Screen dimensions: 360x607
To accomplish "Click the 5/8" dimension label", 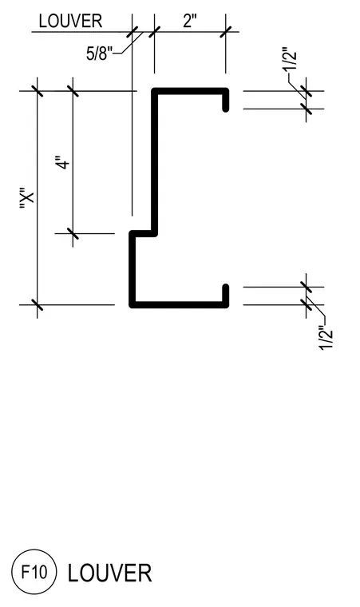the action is pyautogui.click(x=99, y=53).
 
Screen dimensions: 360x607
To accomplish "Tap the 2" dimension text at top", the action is pyautogui.click(x=190, y=21).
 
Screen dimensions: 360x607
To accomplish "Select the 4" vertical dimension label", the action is pyautogui.click(x=65, y=163).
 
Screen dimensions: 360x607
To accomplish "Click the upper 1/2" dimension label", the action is pyautogui.click(x=291, y=59).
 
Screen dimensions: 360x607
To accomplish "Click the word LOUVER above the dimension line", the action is pyautogui.click(x=70, y=21).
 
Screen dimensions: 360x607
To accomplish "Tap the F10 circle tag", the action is pyautogui.click(x=34, y=572).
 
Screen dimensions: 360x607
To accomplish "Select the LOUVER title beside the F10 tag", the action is pyautogui.click(x=109, y=573).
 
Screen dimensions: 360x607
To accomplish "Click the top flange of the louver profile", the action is pyautogui.click(x=190, y=91).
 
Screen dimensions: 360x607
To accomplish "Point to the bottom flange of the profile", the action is pyautogui.click(x=179, y=304).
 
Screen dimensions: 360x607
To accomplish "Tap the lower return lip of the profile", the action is pyautogui.click(x=226, y=295).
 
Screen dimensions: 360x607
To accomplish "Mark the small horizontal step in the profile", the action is pyautogui.click(x=143, y=233).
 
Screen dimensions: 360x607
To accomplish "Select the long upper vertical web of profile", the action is pyautogui.click(x=154, y=162).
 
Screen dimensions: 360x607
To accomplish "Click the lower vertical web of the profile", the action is pyautogui.click(x=133, y=268).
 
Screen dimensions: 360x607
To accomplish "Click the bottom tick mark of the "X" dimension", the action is pyautogui.click(x=38, y=304).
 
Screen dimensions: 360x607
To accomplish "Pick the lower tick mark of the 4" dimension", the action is pyautogui.click(x=73, y=233).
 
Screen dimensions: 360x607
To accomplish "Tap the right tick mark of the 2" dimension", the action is pyautogui.click(x=226, y=31).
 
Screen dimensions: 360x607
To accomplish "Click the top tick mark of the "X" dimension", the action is pyautogui.click(x=38, y=91).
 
